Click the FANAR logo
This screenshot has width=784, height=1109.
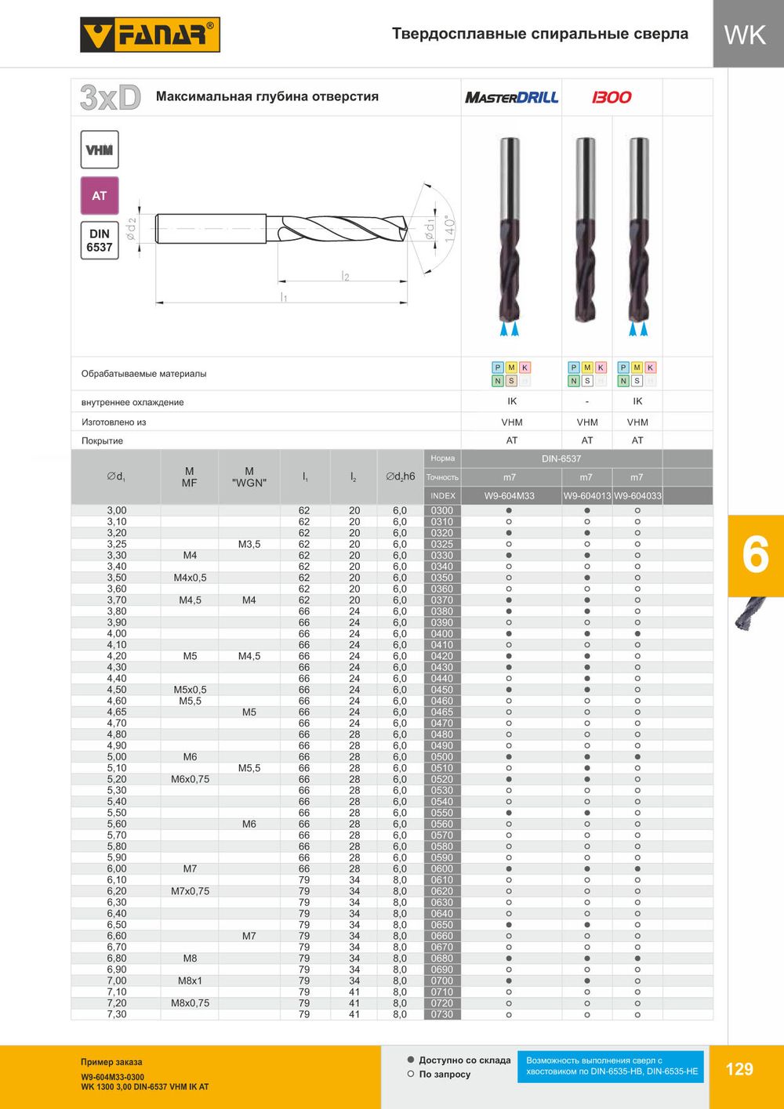tap(150, 35)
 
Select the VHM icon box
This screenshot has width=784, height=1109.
tap(100, 150)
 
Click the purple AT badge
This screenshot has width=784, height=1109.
tap(100, 196)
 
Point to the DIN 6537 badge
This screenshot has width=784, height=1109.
tap(100, 241)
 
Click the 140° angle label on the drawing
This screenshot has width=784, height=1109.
tap(449, 229)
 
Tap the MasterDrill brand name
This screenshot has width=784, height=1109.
tap(511, 97)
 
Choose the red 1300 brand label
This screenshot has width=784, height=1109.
tap(612, 97)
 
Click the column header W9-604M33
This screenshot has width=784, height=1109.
tap(510, 495)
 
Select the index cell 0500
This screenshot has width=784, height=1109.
tap(442, 757)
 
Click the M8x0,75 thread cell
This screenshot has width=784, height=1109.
tap(190, 1003)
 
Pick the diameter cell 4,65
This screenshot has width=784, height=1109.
tap(116, 712)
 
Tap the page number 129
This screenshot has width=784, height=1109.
tap(739, 1069)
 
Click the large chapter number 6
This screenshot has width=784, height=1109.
tap(755, 556)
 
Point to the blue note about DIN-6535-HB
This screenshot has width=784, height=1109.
tap(611, 1066)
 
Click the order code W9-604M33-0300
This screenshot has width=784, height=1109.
tap(112, 1077)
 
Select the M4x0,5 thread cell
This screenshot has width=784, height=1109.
tap(190, 578)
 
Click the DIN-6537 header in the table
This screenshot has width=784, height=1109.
tap(561, 458)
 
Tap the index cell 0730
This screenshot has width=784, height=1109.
tap(442, 1014)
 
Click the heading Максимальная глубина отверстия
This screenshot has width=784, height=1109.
tap(267, 96)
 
